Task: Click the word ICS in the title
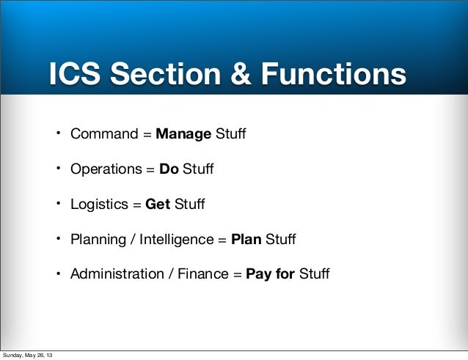point(76,75)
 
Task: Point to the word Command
point(104,134)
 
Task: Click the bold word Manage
point(183,134)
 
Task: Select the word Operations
point(107,169)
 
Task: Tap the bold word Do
point(169,169)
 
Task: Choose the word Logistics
point(99,204)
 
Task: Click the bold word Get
point(158,204)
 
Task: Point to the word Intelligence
point(172,239)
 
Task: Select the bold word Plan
point(246,239)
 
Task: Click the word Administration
point(117,274)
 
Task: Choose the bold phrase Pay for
point(271,274)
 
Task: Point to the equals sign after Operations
point(151,170)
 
